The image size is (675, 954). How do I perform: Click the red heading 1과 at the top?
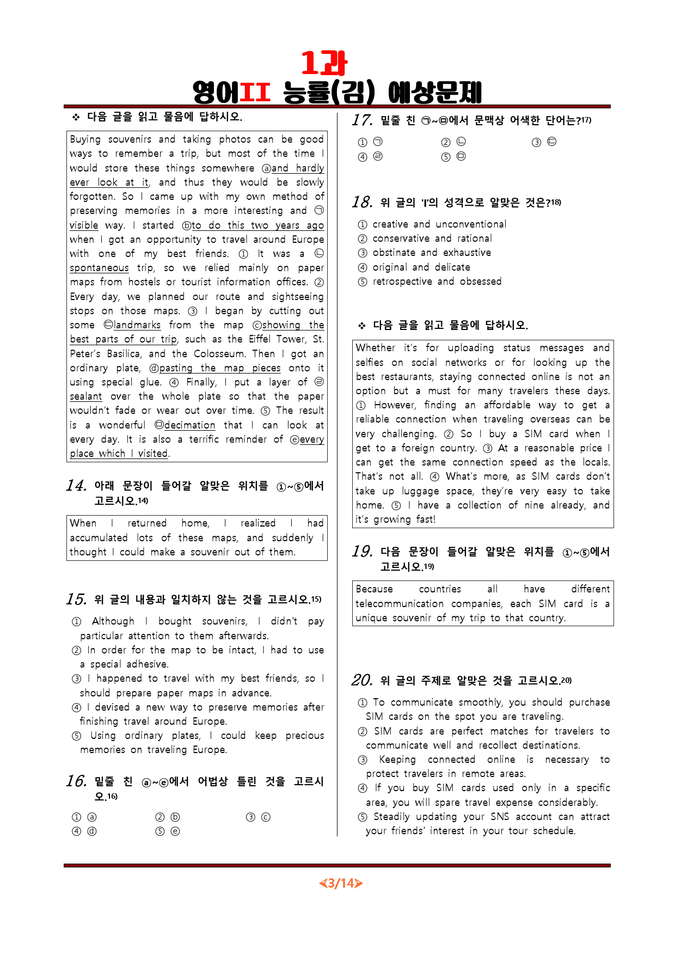324,63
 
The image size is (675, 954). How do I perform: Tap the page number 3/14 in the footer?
341,883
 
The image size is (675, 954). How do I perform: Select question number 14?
76,486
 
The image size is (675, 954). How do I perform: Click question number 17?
362,120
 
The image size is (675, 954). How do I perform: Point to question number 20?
362,681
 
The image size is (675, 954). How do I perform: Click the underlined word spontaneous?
99,268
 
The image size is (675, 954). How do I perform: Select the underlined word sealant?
85,396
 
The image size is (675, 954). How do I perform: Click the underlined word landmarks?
137,325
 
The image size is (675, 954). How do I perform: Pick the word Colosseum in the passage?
219,353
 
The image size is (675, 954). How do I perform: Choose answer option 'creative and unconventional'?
439,224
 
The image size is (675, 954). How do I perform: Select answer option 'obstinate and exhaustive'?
432,253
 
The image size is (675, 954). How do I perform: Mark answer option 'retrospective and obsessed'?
437,282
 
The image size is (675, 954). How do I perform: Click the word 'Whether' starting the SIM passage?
376,348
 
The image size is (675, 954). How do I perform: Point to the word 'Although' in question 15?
113,621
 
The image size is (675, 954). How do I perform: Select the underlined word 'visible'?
84,225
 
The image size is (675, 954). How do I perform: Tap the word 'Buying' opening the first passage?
85,139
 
